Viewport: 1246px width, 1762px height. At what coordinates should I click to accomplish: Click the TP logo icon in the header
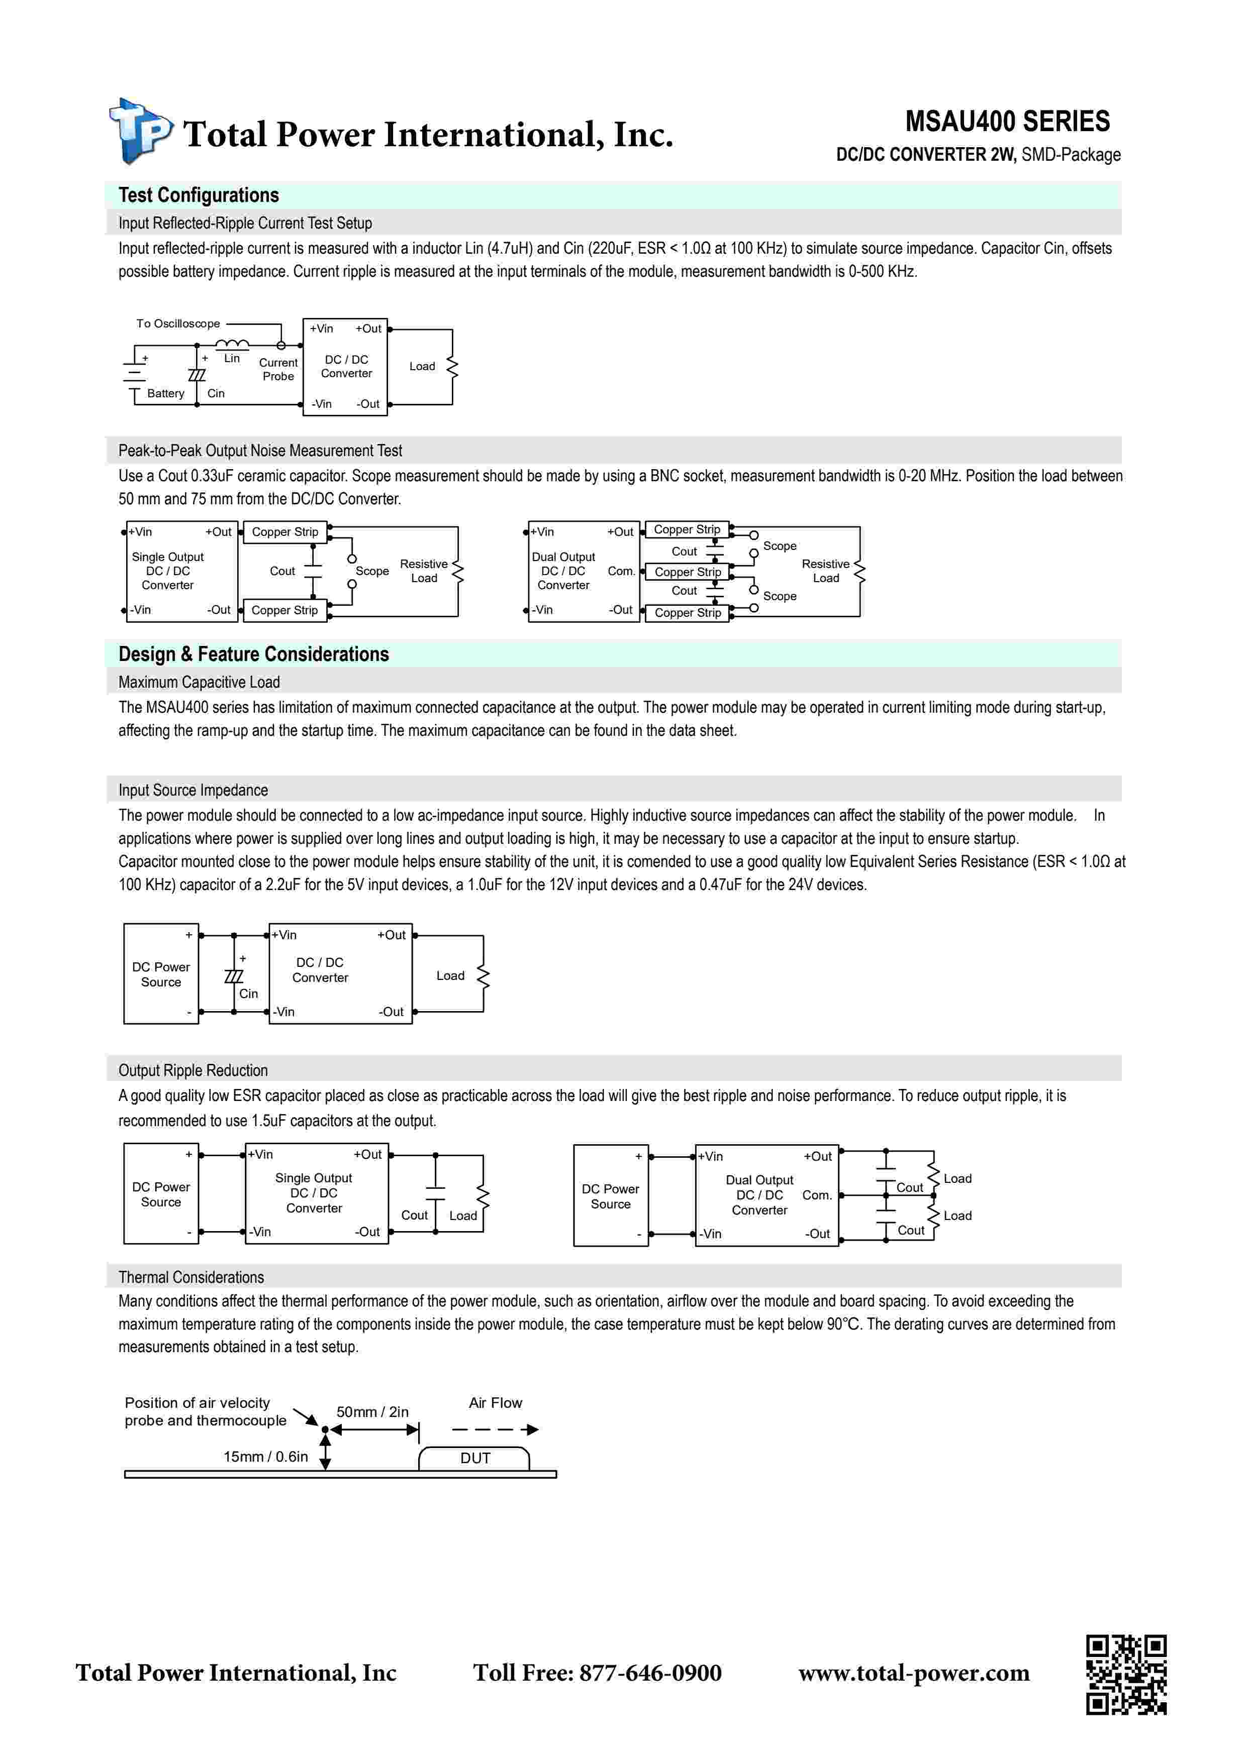pos(141,131)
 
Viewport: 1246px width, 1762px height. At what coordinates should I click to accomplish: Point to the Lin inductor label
pos(232,359)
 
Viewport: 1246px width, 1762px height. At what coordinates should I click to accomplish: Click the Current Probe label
pos(278,369)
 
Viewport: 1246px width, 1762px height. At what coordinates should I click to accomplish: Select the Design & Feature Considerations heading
pos(253,654)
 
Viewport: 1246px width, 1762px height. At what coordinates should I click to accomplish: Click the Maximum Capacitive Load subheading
pos(199,682)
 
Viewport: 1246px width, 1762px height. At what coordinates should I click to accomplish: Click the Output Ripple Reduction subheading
pos(193,1070)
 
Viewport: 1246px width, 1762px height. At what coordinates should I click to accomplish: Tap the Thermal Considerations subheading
pos(191,1277)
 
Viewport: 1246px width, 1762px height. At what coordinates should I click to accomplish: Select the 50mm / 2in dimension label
pos(372,1412)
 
